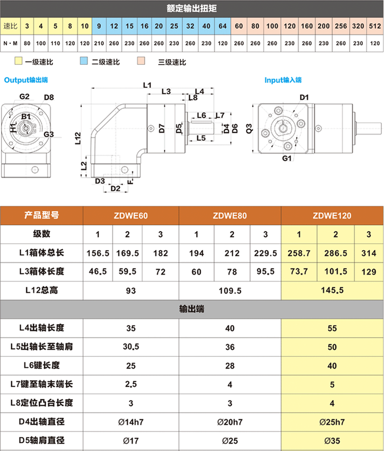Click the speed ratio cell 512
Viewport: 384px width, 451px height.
(374, 25)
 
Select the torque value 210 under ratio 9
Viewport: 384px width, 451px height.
(99, 43)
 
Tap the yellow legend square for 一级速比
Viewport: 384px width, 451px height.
(18, 62)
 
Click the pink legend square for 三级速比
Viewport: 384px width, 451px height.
(141, 62)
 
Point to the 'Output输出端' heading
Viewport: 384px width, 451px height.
(26, 79)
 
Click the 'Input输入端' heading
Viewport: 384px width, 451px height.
(283, 80)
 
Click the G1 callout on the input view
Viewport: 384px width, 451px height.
(286, 158)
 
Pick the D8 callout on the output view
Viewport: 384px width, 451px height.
(49, 97)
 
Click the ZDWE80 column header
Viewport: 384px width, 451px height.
(230, 216)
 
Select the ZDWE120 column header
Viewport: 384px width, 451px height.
(332, 216)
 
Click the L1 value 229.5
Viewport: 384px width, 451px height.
(265, 253)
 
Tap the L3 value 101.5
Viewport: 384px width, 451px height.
(335, 271)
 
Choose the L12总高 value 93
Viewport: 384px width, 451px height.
(131, 290)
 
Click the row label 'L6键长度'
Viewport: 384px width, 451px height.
(42, 365)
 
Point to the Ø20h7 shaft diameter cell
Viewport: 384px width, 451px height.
(230, 422)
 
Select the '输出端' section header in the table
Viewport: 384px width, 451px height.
(192, 309)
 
